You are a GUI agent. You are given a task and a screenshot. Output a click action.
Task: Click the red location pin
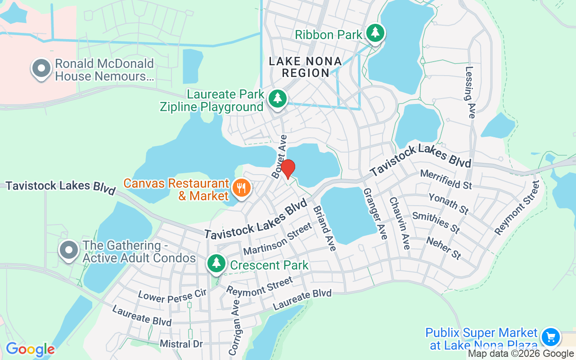tap(288, 169)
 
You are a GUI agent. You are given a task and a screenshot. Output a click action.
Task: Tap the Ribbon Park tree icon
tap(374, 33)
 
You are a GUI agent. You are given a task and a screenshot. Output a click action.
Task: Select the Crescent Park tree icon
tap(216, 263)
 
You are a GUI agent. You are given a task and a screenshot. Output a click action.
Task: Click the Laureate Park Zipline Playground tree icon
tap(278, 98)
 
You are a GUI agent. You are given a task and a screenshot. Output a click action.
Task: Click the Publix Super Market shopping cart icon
tap(550, 337)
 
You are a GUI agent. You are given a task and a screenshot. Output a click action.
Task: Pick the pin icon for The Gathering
tap(69, 250)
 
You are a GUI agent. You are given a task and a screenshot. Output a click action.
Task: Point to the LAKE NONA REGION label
tap(305, 67)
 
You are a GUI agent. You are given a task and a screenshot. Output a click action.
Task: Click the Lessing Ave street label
tap(470, 92)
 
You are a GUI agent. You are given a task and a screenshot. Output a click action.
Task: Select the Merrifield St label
tap(445, 179)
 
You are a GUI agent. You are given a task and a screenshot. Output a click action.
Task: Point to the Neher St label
tap(444, 248)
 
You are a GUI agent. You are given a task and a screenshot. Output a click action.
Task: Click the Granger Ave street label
tap(375, 214)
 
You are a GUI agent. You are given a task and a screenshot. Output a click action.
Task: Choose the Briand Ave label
tap(324, 228)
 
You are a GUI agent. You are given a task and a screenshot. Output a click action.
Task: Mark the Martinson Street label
tap(277, 238)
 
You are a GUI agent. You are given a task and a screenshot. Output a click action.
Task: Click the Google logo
tap(30, 349)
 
